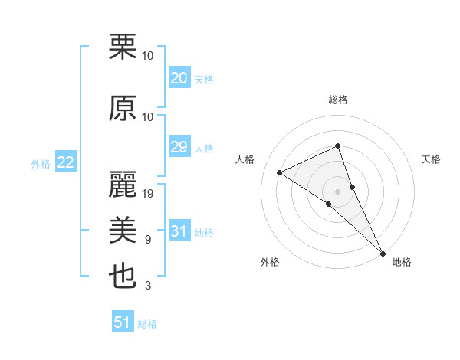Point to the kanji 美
(x=123, y=229)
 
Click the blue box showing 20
(x=179, y=78)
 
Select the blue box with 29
(x=179, y=147)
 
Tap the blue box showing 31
(x=179, y=231)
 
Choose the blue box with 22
(x=65, y=162)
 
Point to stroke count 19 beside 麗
(x=149, y=193)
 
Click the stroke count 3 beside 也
(x=148, y=286)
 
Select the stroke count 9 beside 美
(x=148, y=240)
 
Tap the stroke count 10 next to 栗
(x=148, y=55)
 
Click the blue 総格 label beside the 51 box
(x=147, y=324)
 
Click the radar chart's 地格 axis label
(x=402, y=262)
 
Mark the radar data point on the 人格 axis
(x=280, y=172)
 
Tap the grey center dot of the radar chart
(x=337, y=191)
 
